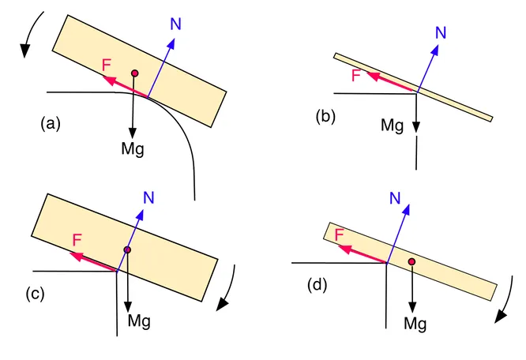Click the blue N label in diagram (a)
(x=176, y=24)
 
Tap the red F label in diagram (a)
(x=107, y=65)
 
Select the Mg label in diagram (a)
(x=133, y=148)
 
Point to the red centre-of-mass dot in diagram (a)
(x=135, y=73)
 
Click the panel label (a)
(x=51, y=123)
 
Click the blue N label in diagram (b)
(x=441, y=32)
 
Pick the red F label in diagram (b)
(x=356, y=75)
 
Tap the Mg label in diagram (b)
(x=393, y=126)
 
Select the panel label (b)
(x=325, y=117)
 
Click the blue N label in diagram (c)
(x=148, y=198)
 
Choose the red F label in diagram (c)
(x=77, y=240)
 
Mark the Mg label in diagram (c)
(x=139, y=321)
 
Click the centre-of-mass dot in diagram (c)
(x=127, y=249)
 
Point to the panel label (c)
(x=36, y=294)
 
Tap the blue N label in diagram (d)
(x=395, y=198)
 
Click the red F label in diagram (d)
(x=340, y=234)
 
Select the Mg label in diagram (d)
(x=415, y=324)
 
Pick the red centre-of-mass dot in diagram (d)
(x=412, y=261)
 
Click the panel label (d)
(x=317, y=285)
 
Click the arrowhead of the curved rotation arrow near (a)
(x=24, y=51)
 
